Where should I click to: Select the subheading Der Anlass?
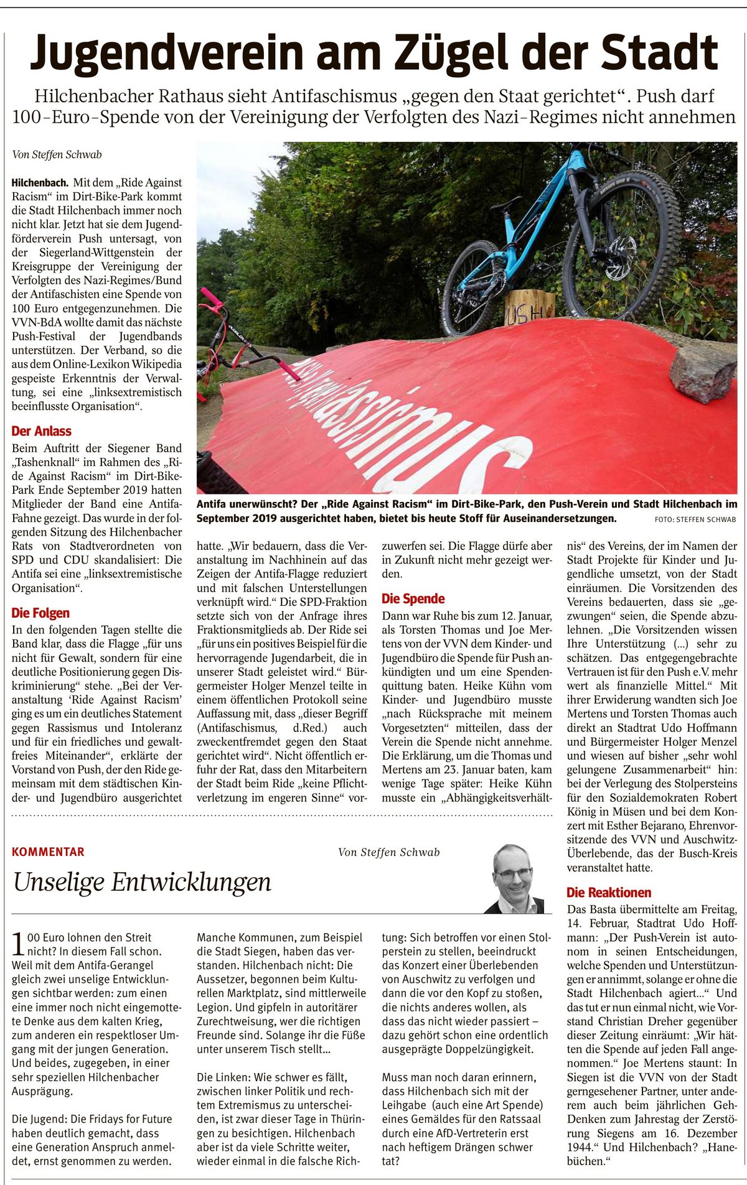[41, 431]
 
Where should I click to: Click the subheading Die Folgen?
[40, 613]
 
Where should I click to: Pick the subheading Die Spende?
[413, 598]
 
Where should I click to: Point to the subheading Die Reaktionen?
[609, 892]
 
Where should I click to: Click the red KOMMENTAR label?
[48, 852]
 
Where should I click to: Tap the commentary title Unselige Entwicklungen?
[142, 881]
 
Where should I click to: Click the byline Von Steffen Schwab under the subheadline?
[57, 154]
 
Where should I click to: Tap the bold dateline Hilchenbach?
[40, 183]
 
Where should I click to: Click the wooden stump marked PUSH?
[529, 307]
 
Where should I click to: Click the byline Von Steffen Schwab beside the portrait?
[388, 852]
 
